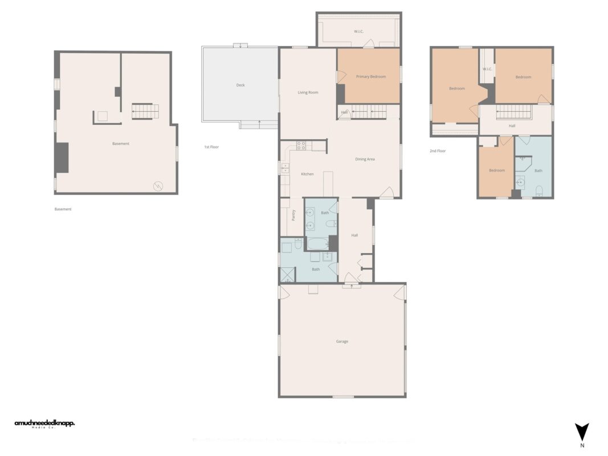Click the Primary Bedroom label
370,76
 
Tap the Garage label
342,341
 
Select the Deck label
240,85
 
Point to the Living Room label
308,92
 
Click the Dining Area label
365,159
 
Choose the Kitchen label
307,174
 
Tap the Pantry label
293,215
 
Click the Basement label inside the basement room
121,144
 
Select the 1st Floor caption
211,147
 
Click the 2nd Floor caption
438,151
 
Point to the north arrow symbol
582,433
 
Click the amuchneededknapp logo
44,424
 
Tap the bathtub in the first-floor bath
317,244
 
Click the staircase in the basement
145,111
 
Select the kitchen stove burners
301,145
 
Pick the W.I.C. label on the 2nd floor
487,70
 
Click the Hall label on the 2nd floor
512,126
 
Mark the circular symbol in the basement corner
158,186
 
